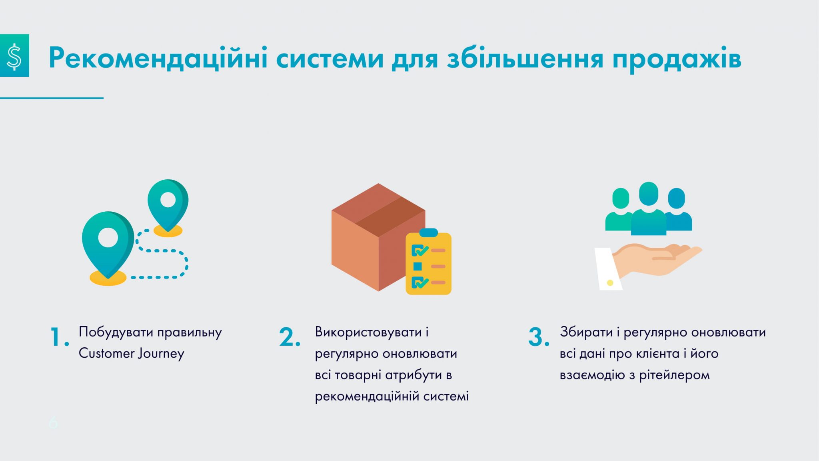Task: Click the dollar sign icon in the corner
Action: tap(14, 55)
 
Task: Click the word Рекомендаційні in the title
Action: tap(158, 58)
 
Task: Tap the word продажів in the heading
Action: tap(677, 59)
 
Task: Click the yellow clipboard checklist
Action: tap(428, 262)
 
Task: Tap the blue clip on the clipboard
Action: tap(428, 233)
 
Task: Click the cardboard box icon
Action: tap(378, 237)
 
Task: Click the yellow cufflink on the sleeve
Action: tap(610, 283)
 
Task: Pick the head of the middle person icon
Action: tap(649, 194)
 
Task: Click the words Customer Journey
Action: tap(131, 354)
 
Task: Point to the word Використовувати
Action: tap(368, 332)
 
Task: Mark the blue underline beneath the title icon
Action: tap(52, 98)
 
